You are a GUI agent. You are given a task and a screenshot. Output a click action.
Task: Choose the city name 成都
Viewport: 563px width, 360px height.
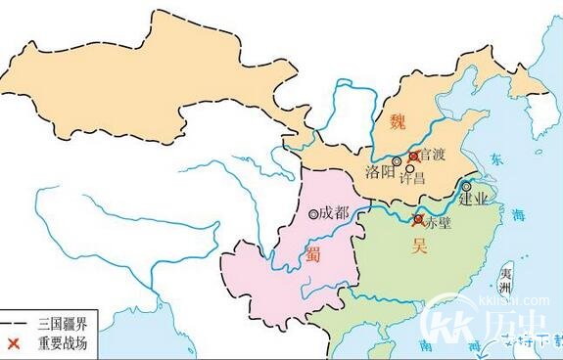click(334, 212)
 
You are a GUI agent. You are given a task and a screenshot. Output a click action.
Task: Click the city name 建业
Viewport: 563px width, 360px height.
click(472, 202)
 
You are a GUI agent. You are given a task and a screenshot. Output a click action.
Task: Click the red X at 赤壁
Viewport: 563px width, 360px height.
click(419, 220)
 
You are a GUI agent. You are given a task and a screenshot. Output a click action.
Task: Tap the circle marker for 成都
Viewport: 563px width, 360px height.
click(312, 214)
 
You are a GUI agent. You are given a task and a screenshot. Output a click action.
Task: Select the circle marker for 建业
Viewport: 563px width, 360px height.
click(468, 186)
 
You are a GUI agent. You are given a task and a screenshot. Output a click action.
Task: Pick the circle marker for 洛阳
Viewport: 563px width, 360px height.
click(397, 161)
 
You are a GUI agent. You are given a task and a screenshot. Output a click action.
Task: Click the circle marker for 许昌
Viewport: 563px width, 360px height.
click(409, 166)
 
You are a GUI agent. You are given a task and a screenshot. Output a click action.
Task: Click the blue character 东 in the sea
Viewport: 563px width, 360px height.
click(495, 159)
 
